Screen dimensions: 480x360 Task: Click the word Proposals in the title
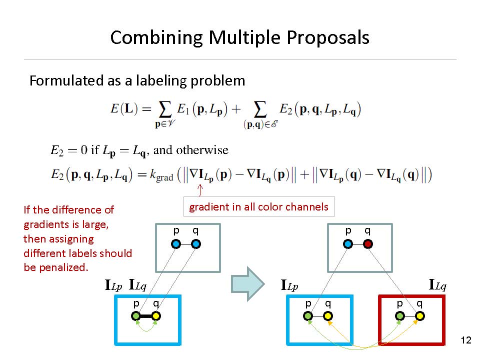328,38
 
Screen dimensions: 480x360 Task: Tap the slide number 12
466,340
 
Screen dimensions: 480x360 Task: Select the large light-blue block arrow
247,284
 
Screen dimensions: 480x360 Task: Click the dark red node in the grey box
367,244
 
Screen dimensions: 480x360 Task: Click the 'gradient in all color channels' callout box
259,206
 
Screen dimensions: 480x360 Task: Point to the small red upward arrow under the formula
200,190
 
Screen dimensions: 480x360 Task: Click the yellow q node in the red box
419,316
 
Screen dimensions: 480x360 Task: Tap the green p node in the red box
400,316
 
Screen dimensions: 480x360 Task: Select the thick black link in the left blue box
146,316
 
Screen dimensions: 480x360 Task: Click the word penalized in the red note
63,267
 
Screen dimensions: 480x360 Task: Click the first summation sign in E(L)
164,109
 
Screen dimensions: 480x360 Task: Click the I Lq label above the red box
437,285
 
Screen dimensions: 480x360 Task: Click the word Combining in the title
156,38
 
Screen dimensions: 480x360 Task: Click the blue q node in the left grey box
196,244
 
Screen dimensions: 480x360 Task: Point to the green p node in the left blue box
136,316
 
